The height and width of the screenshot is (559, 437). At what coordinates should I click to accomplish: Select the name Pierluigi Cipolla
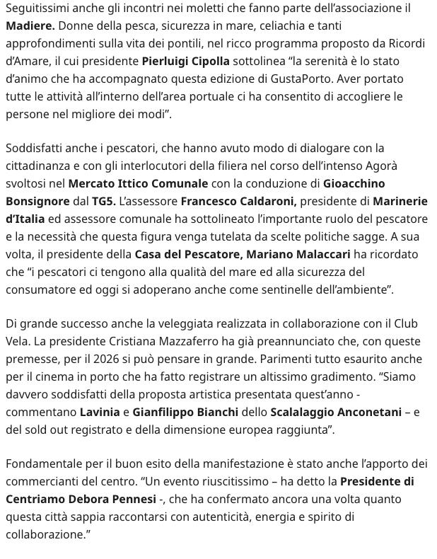(185, 62)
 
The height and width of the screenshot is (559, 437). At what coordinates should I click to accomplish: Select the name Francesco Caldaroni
(238, 202)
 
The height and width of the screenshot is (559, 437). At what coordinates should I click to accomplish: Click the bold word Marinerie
(400, 202)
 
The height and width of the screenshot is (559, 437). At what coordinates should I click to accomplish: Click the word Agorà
(380, 166)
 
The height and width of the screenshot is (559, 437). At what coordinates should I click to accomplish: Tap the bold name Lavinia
(100, 412)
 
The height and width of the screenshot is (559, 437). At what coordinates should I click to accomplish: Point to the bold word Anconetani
(361, 412)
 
